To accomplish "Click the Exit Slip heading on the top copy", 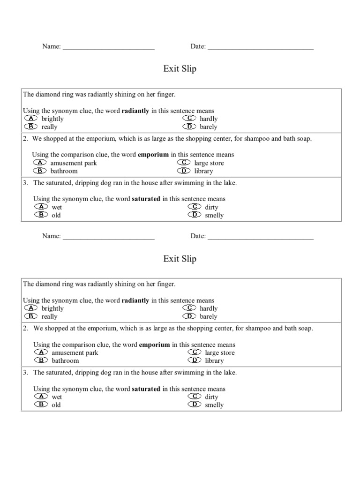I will click(x=180, y=69).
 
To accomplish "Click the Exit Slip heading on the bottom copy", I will click(x=180, y=259).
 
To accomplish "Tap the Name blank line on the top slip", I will click(x=109, y=47).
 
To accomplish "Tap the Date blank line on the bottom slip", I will click(x=261, y=237).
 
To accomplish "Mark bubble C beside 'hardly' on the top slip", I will click(x=189, y=119).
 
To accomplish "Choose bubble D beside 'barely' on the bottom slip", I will click(x=189, y=316).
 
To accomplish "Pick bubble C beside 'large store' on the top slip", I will click(x=184, y=163).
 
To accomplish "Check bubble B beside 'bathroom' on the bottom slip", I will click(x=41, y=360).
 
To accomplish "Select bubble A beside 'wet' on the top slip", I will click(x=41, y=207).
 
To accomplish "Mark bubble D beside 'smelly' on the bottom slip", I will click(x=195, y=405).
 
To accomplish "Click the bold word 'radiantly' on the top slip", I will click(x=135, y=111).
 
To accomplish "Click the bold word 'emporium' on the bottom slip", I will click(x=155, y=345).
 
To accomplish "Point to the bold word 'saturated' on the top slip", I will click(x=146, y=199).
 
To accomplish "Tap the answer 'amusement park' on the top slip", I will click(x=74, y=163).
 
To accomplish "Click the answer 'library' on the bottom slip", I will click(x=214, y=360).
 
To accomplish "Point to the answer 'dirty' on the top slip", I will click(x=211, y=207).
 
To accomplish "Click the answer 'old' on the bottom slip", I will click(x=56, y=405).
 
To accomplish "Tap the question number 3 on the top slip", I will click(x=25, y=183).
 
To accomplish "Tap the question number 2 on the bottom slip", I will click(x=25, y=328).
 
